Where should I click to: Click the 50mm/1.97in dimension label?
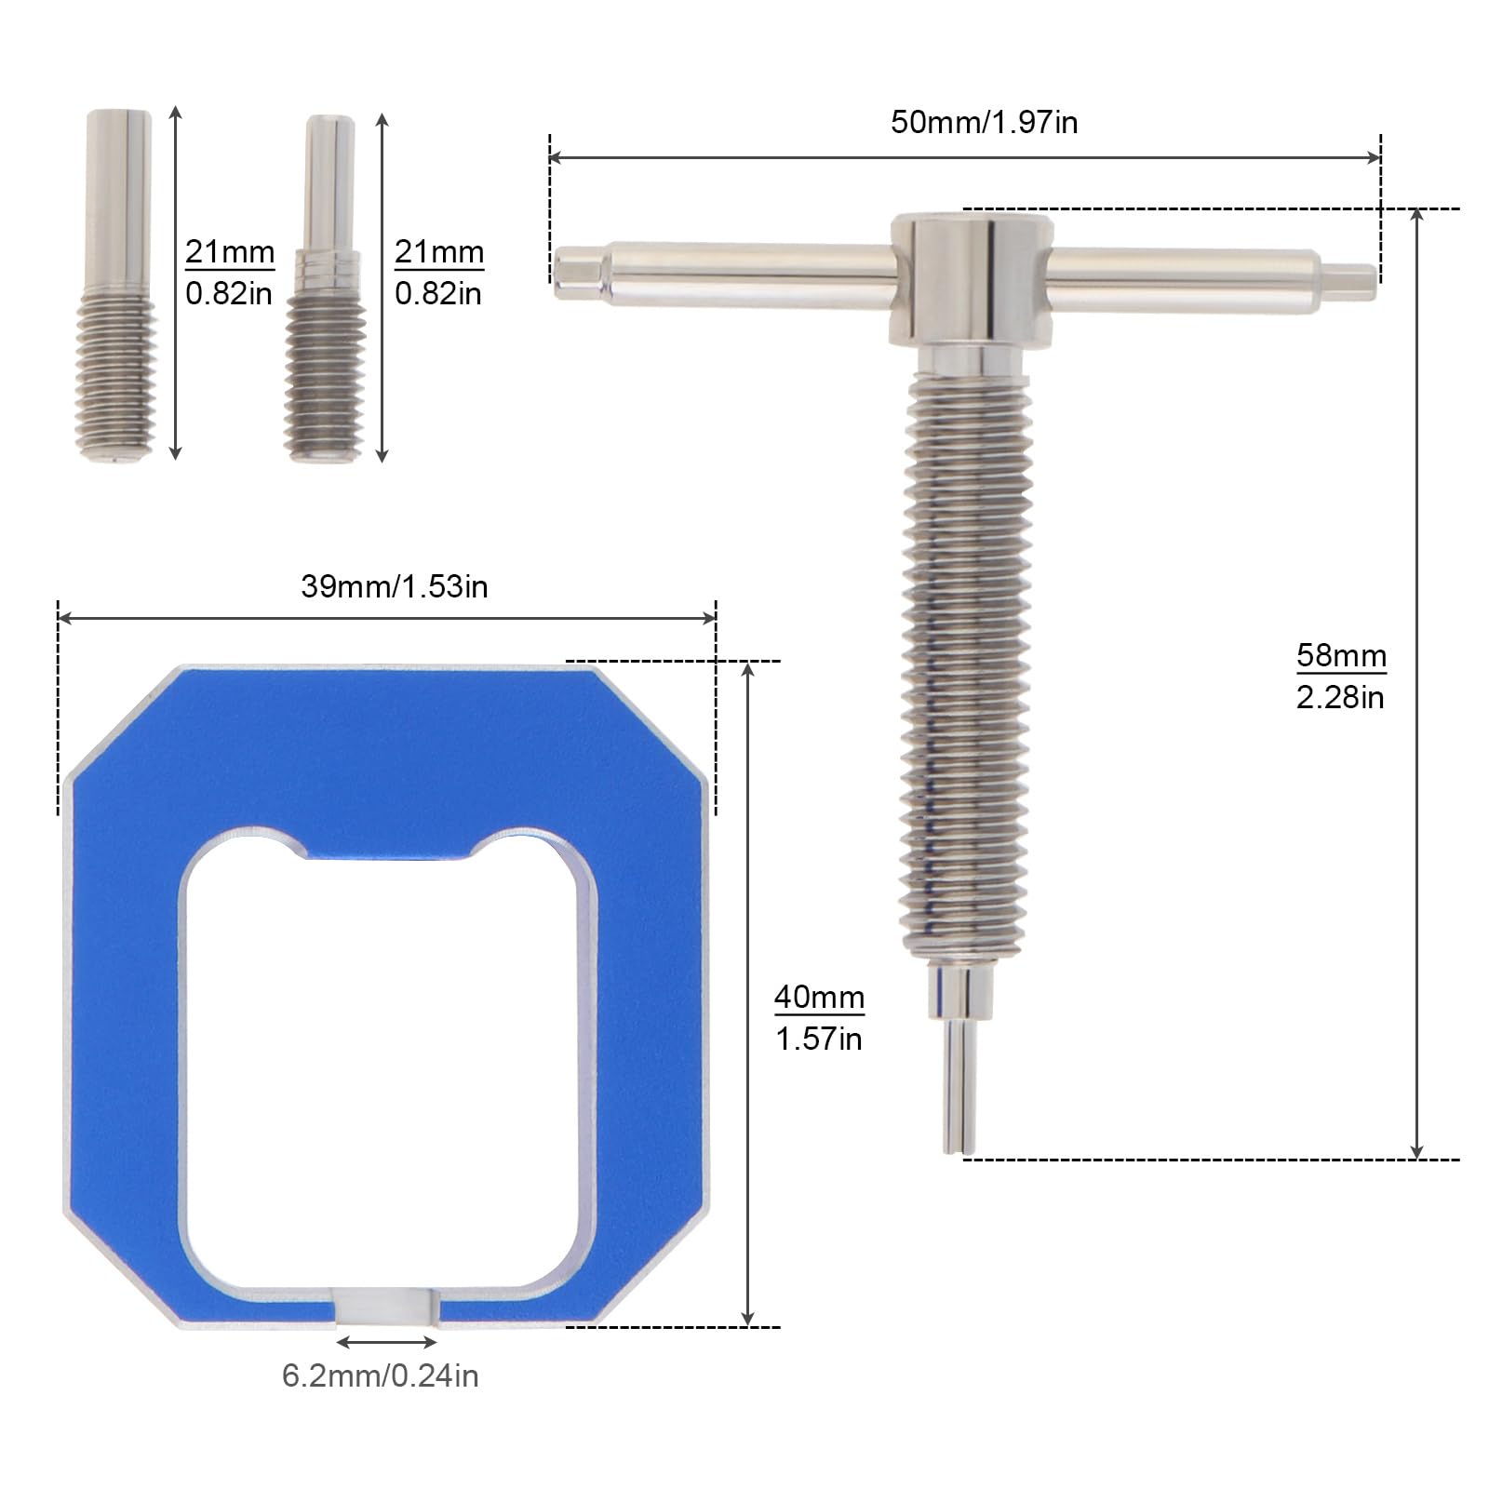[x=984, y=123]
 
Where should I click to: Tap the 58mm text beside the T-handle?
[x=1341, y=655]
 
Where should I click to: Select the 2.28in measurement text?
[x=1340, y=698]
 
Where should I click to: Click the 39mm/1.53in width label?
[x=394, y=586]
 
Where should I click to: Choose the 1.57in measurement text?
[x=819, y=1039]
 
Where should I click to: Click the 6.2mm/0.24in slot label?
[x=380, y=1375]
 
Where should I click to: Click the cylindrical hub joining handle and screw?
[x=970, y=279]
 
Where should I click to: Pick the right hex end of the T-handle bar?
[x=1348, y=281]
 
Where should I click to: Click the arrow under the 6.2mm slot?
[x=386, y=1342]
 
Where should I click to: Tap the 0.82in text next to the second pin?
[x=437, y=294]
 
